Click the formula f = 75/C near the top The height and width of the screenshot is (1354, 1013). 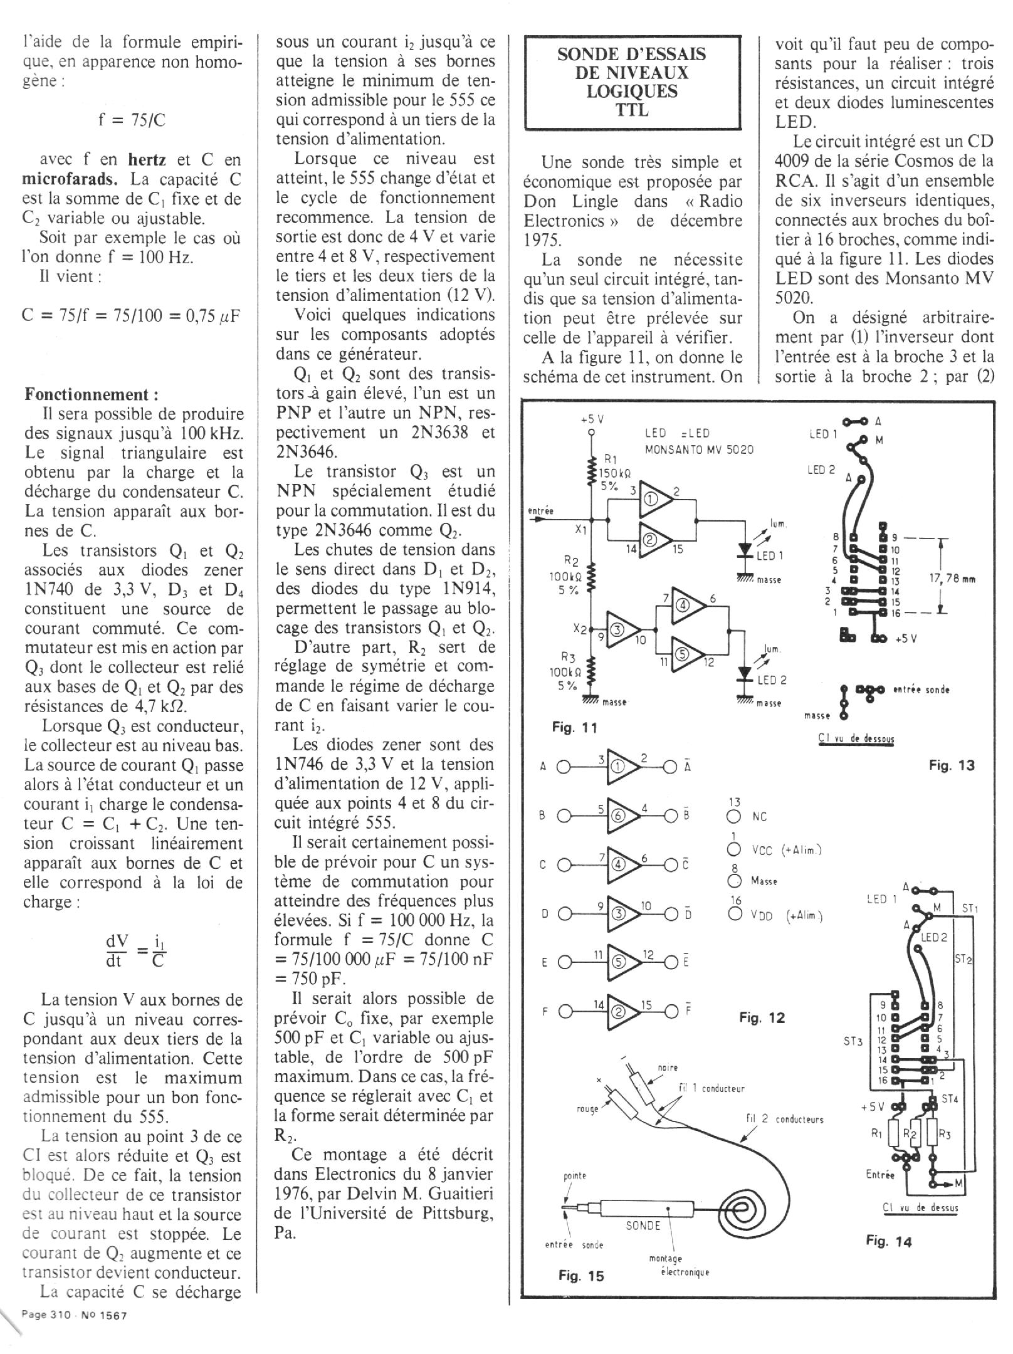pos(132,120)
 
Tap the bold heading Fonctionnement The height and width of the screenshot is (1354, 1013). pos(92,394)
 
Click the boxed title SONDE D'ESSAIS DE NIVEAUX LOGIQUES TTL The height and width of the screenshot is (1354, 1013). pos(632,82)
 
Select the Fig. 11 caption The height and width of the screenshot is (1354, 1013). pos(574,727)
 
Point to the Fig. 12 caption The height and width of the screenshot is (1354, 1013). pos(762,1017)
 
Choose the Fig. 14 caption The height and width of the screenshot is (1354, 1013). pos(889,1241)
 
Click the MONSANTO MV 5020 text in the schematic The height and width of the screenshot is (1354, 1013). pos(699,449)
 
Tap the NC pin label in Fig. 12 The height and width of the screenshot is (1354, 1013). pos(759,817)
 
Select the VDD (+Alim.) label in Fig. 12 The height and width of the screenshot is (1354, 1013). pos(786,916)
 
